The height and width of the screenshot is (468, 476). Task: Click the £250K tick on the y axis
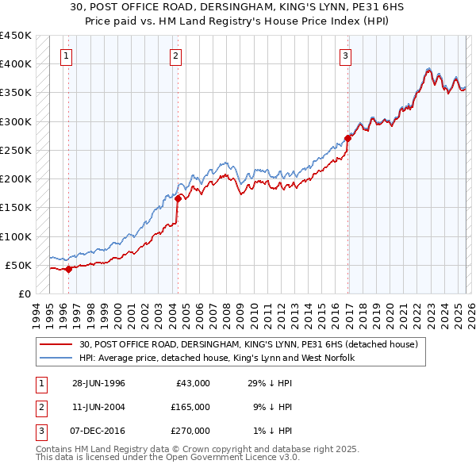pyautogui.click(x=16, y=150)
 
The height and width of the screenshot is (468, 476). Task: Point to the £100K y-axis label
pyautogui.click(x=16, y=236)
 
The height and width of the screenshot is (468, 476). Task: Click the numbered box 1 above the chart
pyautogui.click(x=65, y=56)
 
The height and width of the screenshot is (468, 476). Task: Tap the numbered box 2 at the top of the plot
pyautogui.click(x=175, y=56)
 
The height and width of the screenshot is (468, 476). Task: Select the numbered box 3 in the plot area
pyautogui.click(x=346, y=56)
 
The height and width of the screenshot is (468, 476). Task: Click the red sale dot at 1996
pyautogui.click(x=69, y=269)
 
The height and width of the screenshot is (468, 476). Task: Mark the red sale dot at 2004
pyautogui.click(x=178, y=198)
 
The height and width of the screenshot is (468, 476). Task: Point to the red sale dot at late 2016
pyautogui.click(x=348, y=138)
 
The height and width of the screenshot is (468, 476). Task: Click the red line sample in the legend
pyautogui.click(x=57, y=344)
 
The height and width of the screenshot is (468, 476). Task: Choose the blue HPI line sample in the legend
pyautogui.click(x=57, y=358)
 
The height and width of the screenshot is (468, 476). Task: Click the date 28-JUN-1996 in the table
pyautogui.click(x=98, y=383)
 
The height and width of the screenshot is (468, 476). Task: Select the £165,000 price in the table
pyautogui.click(x=190, y=407)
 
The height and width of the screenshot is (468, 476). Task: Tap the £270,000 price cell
pyautogui.click(x=190, y=431)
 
